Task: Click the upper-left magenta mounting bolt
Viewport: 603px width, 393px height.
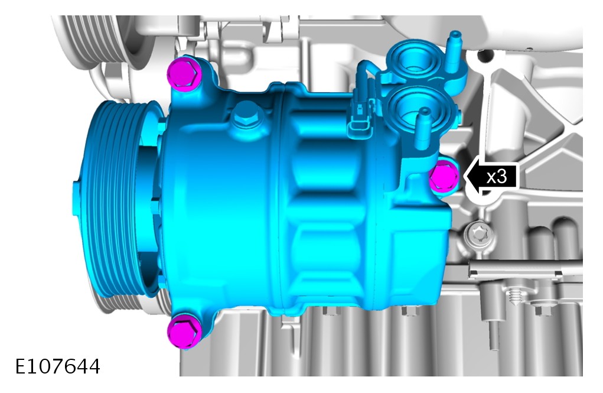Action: point(184,73)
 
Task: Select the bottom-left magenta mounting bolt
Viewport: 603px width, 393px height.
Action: point(184,330)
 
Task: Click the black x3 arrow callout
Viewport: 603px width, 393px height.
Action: point(491,177)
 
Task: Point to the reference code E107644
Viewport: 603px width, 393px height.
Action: point(58,366)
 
